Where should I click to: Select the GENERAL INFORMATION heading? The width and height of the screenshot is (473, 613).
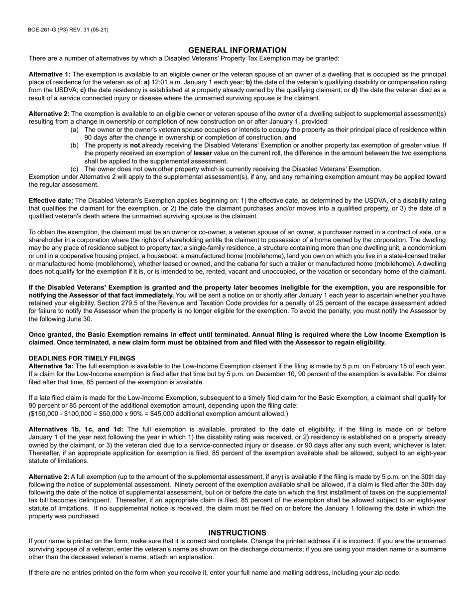(x=237, y=50)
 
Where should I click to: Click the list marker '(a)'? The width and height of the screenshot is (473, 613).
(x=75, y=130)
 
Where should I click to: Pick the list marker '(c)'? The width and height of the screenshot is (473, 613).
(x=75, y=169)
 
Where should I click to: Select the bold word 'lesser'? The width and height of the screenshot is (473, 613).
(x=203, y=153)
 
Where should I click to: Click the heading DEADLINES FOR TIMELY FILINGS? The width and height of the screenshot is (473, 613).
(x=82, y=358)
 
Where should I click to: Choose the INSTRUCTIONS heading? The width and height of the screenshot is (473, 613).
(x=237, y=533)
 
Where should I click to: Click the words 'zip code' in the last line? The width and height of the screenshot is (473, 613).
(x=387, y=573)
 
